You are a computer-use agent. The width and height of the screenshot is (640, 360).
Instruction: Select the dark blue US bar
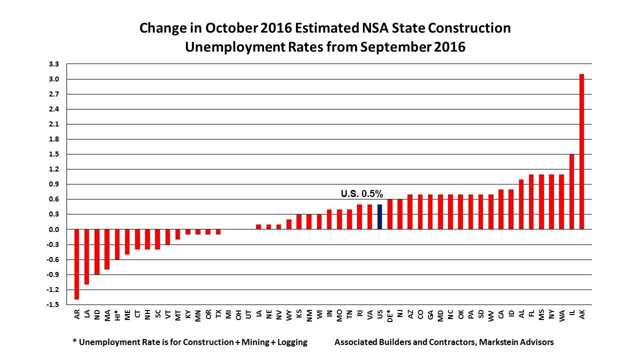[380, 217]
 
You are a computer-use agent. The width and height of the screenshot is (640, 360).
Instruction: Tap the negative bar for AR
[77, 264]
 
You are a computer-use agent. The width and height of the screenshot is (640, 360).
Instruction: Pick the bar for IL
[571, 191]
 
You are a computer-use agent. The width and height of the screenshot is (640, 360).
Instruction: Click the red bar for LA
[87, 256]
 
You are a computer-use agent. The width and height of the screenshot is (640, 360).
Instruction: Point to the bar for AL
[521, 204]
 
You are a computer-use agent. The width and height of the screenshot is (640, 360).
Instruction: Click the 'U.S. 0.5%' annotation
[361, 193]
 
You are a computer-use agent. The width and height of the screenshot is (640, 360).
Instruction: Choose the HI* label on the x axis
[117, 314]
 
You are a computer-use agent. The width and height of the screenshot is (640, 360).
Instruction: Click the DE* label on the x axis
[390, 315]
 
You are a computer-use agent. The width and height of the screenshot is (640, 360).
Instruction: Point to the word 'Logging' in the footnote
[291, 342]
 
